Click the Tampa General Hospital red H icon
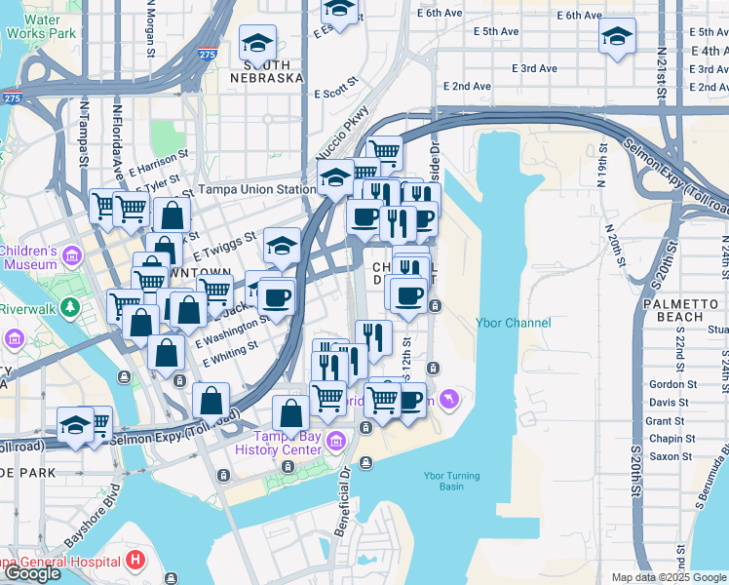[135, 561]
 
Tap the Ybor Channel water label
[513, 324]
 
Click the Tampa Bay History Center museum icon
[336, 441]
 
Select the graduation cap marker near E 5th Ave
[616, 37]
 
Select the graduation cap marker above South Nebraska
[257, 42]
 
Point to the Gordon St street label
[671, 384]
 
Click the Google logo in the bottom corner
[33, 573]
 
